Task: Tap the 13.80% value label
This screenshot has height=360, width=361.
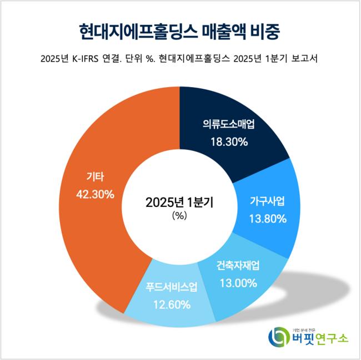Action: (268, 219)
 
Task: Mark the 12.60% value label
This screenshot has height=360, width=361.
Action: (172, 305)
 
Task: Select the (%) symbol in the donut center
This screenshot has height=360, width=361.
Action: (179, 217)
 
